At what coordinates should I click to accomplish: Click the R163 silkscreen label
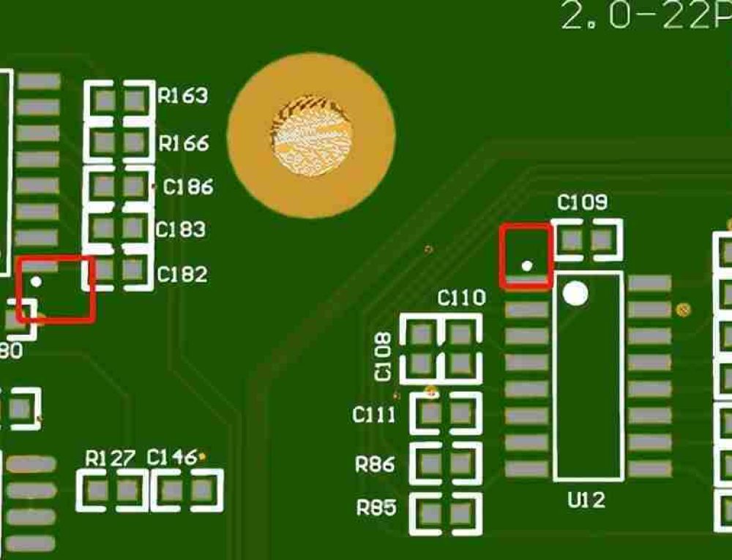(x=183, y=96)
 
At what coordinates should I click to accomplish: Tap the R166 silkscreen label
(x=184, y=143)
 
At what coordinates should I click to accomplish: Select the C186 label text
(x=188, y=187)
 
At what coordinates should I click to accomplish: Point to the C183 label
(x=181, y=230)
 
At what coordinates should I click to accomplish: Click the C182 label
(x=182, y=274)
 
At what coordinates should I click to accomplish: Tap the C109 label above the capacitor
(x=582, y=203)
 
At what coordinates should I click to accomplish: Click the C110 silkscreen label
(x=461, y=298)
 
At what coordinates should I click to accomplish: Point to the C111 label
(x=374, y=415)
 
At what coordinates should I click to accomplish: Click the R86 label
(x=375, y=463)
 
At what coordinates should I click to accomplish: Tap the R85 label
(x=376, y=507)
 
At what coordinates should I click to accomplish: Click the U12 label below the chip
(x=586, y=501)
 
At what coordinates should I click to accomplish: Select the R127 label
(x=110, y=458)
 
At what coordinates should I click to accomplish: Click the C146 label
(x=171, y=458)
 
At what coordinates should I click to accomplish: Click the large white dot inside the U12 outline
(x=575, y=293)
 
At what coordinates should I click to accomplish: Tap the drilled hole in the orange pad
(x=311, y=136)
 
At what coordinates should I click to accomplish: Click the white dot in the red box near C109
(x=526, y=265)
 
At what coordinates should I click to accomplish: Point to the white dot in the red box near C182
(x=36, y=281)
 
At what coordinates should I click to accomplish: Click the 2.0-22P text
(x=645, y=16)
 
